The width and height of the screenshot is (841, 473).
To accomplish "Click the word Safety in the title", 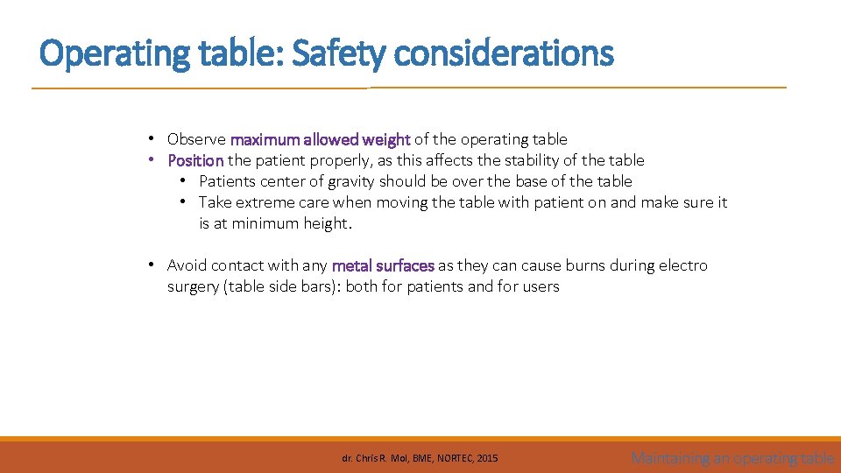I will [x=338, y=54].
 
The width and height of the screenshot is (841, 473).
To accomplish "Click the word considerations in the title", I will [x=504, y=54].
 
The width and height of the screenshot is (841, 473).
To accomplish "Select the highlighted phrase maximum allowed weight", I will [x=320, y=139].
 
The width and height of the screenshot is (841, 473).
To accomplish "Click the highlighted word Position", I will [x=195, y=160].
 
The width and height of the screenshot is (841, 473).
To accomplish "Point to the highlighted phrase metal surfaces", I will [x=383, y=265].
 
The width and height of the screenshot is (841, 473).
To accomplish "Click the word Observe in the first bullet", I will [x=197, y=139].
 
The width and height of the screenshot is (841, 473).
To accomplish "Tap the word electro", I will [x=683, y=265].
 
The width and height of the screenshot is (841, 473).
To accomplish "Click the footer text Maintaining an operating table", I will [x=732, y=457].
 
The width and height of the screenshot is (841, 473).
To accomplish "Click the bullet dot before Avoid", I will [x=152, y=265].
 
